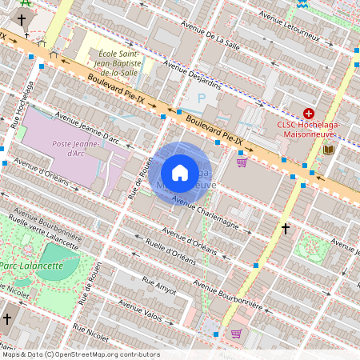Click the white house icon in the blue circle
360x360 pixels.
click(x=180, y=172)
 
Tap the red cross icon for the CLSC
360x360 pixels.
click(x=308, y=114)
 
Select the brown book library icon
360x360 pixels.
click(x=328, y=149)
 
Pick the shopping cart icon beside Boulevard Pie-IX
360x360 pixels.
click(x=242, y=162)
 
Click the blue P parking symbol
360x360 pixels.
click(x=201, y=98)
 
